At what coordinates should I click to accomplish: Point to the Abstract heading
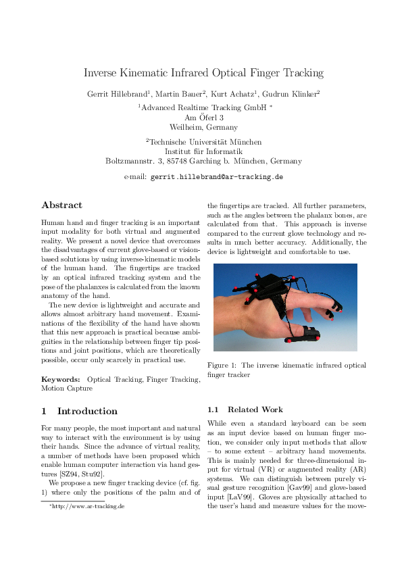point(61,205)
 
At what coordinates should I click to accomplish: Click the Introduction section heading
point(87,411)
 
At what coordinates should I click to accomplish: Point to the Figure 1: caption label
point(227,366)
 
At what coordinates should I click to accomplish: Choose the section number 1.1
point(214,410)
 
